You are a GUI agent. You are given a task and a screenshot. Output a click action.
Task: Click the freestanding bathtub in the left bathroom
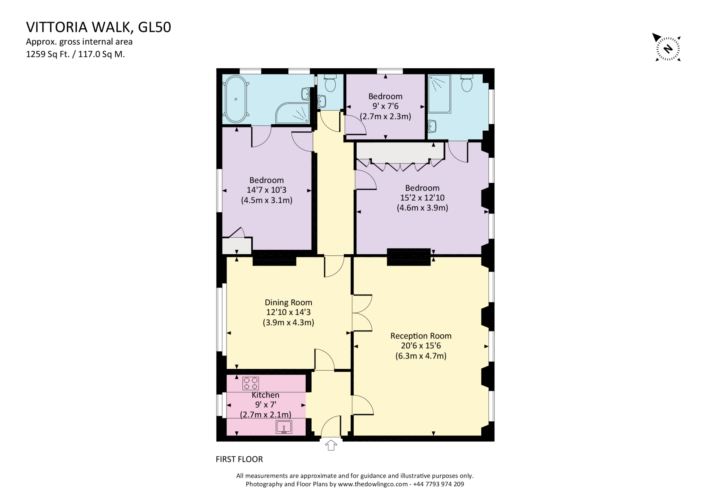click(x=236, y=99)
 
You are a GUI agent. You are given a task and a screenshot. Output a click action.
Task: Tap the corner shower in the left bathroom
click(x=293, y=113)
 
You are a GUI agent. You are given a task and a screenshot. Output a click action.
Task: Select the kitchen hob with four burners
click(x=251, y=383)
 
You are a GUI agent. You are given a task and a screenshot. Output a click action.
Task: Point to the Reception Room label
click(x=421, y=336)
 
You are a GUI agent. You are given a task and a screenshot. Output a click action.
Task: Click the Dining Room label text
click(x=288, y=302)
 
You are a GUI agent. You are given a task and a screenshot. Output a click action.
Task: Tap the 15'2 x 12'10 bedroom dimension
click(x=422, y=198)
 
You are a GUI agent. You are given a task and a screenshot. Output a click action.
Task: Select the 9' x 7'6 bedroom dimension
click(x=385, y=106)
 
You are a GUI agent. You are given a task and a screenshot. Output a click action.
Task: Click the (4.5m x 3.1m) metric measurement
click(x=267, y=200)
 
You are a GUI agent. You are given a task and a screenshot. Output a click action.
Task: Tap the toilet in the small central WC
click(x=330, y=84)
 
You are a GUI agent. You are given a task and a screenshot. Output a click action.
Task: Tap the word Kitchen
click(x=265, y=395)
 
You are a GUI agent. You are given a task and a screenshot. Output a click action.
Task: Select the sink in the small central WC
click(x=322, y=101)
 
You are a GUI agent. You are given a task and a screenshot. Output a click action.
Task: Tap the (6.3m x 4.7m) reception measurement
click(x=421, y=356)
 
